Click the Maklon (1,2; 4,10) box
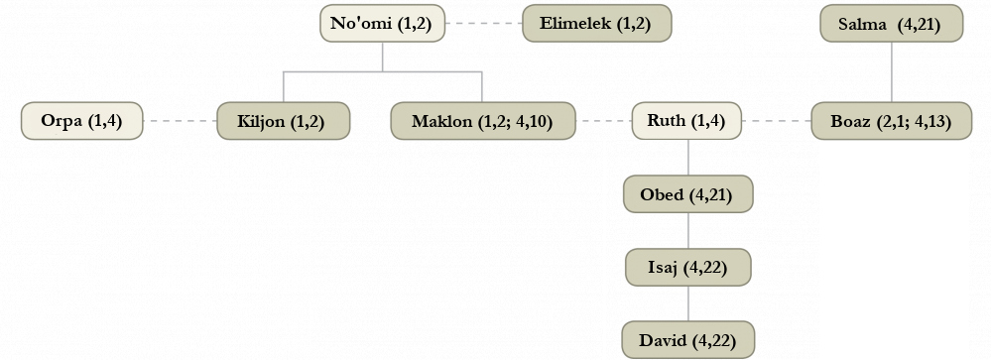(483, 121)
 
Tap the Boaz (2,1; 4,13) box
(891, 121)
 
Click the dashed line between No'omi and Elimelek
(483, 24)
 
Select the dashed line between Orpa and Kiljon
(181, 121)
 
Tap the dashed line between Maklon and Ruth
(603, 121)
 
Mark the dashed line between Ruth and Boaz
(776, 121)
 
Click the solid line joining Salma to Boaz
(892, 72)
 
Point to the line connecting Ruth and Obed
(688, 158)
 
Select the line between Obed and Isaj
(688, 230)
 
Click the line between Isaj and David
(688, 303)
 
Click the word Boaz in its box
(850, 121)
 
